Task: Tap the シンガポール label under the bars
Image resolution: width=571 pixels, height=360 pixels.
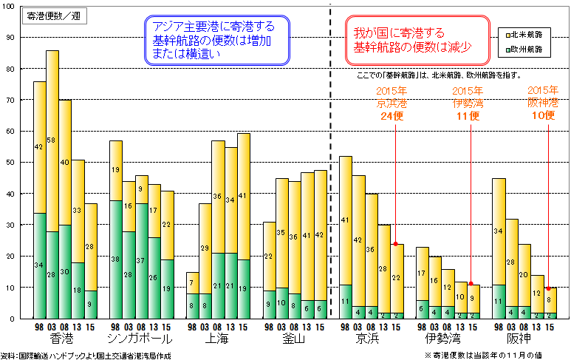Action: click(x=140, y=339)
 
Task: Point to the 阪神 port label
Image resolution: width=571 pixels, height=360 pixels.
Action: click(x=520, y=339)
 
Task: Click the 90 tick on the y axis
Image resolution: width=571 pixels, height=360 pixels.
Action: click(x=10, y=38)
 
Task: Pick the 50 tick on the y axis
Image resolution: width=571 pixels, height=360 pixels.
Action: click(x=10, y=163)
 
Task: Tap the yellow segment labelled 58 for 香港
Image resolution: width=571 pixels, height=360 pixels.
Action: click(x=52, y=140)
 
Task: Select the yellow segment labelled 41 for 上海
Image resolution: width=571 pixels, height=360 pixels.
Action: click(x=244, y=197)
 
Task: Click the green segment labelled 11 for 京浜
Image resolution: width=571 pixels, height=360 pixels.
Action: click(x=345, y=302)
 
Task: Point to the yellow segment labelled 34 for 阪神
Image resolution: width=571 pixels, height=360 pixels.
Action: click(x=499, y=231)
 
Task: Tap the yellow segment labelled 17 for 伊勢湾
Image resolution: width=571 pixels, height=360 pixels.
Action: click(x=422, y=274)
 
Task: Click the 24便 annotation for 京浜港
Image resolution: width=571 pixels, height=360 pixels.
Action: click(x=392, y=116)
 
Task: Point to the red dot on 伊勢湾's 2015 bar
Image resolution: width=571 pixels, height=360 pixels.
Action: click(x=471, y=284)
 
